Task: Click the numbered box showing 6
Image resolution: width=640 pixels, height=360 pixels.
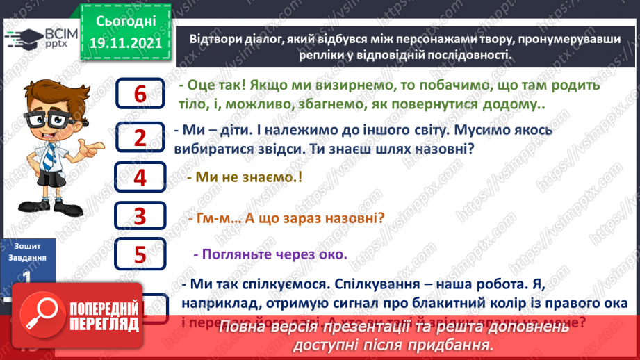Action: pos(141,94)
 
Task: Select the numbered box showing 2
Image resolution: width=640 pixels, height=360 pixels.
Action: pos(141,138)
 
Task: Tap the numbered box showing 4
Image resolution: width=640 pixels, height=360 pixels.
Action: pos(141,178)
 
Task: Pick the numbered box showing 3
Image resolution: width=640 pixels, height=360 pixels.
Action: pos(141,217)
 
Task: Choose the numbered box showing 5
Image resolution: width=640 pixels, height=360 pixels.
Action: pos(141,256)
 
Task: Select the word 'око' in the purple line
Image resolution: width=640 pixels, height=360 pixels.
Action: pos(333,254)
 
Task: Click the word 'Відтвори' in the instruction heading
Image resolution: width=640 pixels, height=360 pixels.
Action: pos(216,40)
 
